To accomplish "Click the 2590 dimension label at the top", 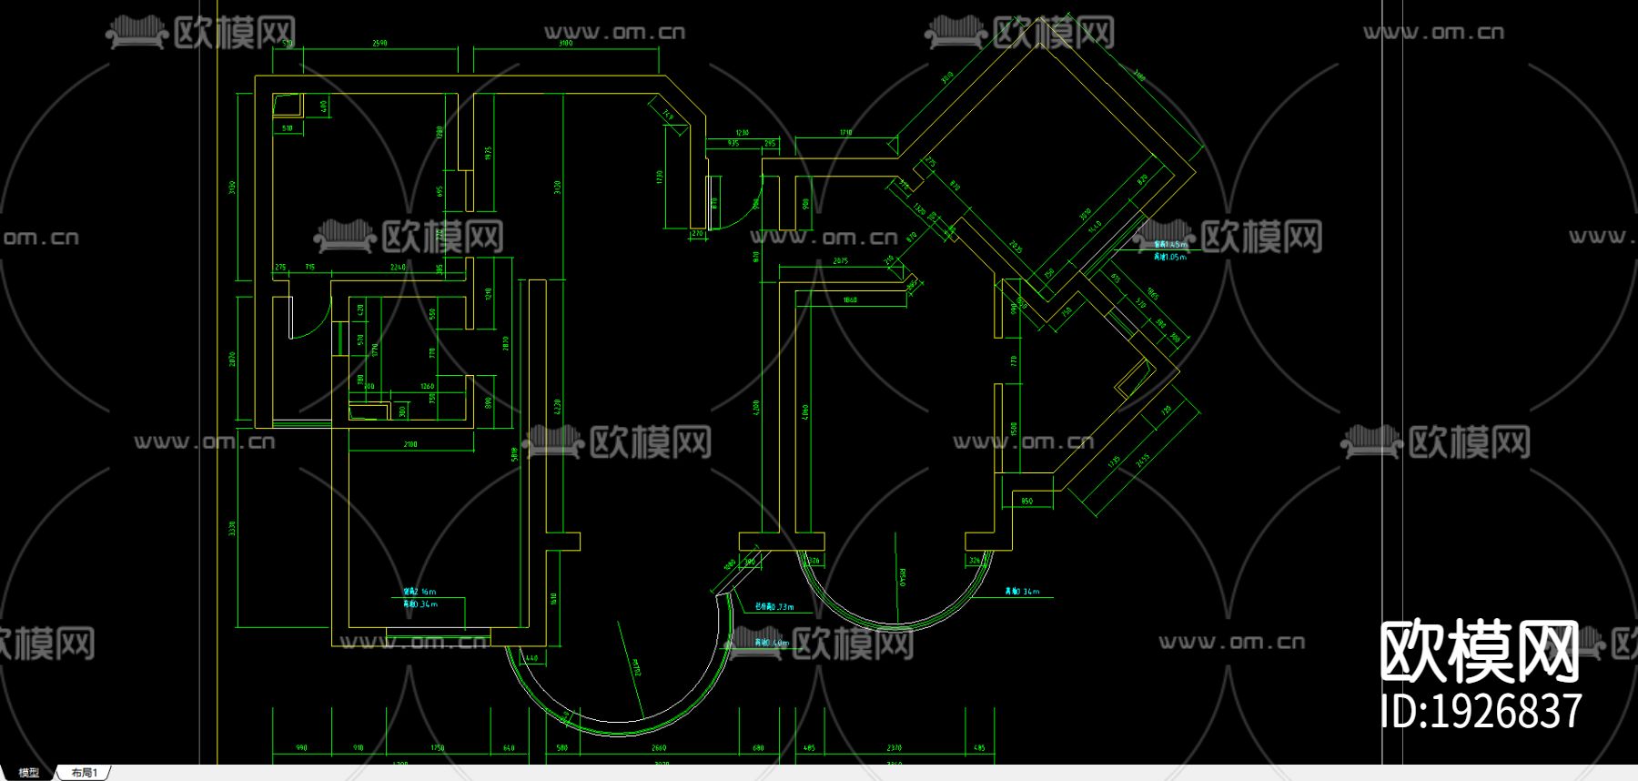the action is (379, 43).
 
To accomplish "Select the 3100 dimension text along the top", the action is (565, 43).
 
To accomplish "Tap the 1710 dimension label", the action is (845, 133).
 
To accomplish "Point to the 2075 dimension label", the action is (840, 261).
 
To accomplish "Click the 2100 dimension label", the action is (410, 444).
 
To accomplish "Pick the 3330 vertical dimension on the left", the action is (232, 528).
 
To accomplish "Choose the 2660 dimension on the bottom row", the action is (659, 748).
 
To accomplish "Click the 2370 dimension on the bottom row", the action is (894, 748).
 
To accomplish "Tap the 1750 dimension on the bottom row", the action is (438, 748).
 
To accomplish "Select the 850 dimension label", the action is (1027, 502).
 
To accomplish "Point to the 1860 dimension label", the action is (850, 299).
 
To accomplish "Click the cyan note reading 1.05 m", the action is (1170, 257).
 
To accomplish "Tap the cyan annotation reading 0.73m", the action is (774, 606).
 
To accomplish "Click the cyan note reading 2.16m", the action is (420, 592).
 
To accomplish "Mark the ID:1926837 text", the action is (1481, 711).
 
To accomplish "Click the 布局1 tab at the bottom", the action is (84, 773).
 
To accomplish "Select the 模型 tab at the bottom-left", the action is (29, 773).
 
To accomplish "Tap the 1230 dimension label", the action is (742, 133).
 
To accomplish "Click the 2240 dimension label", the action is (398, 268).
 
